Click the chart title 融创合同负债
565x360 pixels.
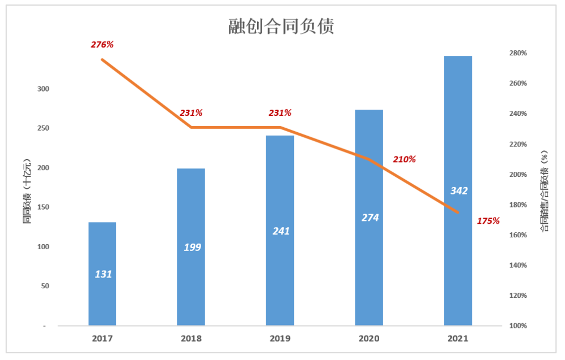click(281, 26)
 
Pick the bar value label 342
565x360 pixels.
click(459, 191)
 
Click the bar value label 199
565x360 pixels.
click(192, 247)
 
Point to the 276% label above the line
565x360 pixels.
click(102, 44)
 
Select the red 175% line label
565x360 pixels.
click(488, 221)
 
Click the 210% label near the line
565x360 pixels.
click(404, 159)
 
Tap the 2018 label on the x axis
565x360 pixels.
click(191, 339)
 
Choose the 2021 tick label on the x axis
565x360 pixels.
click(458, 339)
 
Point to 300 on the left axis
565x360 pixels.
click(44, 89)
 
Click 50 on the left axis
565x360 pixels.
click(46, 286)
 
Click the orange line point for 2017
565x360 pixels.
click(102, 59)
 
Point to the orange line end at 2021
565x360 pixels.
click(458, 212)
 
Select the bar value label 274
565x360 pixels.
click(370, 218)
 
